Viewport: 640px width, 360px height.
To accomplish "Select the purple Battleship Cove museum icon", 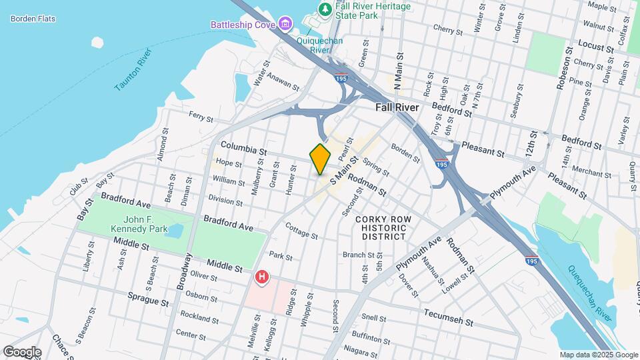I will [285, 25].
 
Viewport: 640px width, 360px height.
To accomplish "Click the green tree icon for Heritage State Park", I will [325, 9].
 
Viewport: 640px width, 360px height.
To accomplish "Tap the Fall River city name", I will [397, 107].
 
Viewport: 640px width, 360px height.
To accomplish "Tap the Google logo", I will [22, 351].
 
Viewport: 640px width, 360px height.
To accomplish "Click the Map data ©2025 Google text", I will [599, 355].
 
